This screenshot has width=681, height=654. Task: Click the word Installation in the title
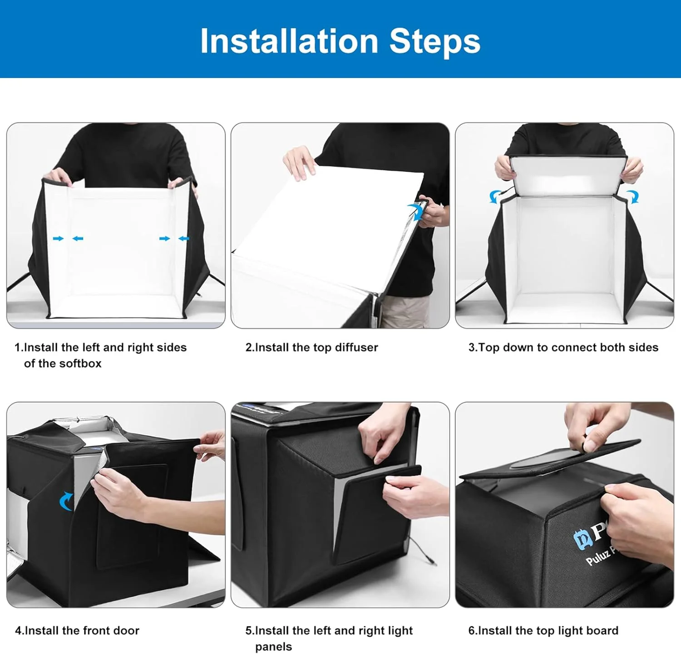click(289, 41)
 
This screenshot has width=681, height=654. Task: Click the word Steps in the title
click(434, 41)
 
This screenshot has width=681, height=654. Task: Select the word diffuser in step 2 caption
click(356, 347)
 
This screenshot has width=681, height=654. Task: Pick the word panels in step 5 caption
click(273, 647)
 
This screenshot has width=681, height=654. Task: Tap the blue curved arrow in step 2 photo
click(415, 211)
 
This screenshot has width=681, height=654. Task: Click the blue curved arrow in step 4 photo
click(65, 502)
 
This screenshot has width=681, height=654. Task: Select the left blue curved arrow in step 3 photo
click(494, 197)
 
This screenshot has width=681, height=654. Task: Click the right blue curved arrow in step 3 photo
click(633, 197)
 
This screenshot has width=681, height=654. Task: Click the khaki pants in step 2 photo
click(404, 311)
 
